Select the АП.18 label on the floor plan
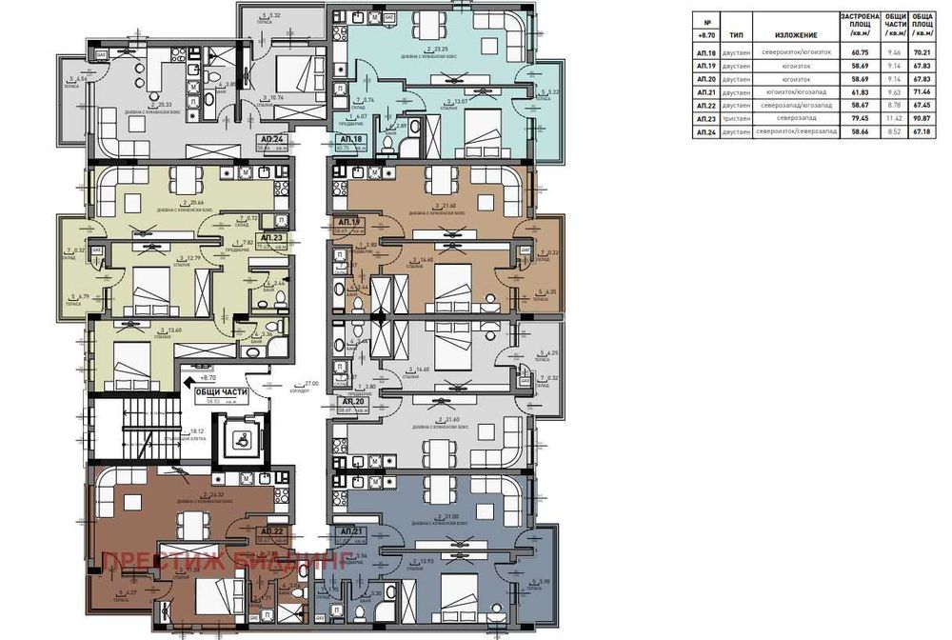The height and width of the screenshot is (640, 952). (351, 139)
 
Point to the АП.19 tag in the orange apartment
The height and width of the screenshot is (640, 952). (348, 222)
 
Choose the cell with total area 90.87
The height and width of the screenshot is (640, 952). (922, 119)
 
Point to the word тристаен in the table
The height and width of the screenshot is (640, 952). (737, 119)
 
